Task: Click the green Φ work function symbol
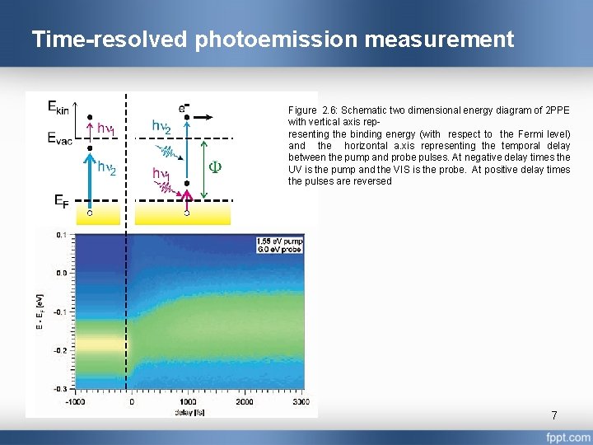(213, 166)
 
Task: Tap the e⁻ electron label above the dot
(185, 107)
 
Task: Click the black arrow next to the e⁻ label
(209, 116)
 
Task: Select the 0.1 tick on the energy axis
(63, 235)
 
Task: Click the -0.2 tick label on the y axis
(61, 350)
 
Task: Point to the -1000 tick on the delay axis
(77, 401)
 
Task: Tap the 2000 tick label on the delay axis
(245, 401)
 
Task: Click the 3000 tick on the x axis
(301, 401)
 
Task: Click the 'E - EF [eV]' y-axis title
(39, 311)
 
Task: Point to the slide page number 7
(554, 416)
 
